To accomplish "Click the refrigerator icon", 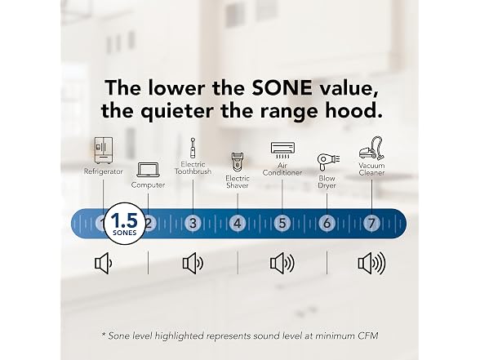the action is tap(103, 150).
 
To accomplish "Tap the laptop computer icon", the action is tap(149, 170).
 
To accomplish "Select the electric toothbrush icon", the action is tap(193, 149).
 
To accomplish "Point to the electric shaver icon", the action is tap(238, 162).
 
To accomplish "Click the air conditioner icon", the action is tap(282, 150).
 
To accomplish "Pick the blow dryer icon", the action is tap(328, 162).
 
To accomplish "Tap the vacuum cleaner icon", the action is tap(371, 149).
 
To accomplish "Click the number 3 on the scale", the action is tap(193, 223).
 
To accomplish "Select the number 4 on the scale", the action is tap(238, 223).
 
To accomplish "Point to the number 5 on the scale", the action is tap(282, 223).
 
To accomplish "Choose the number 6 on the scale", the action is tap(327, 223).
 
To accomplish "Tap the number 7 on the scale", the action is tap(371, 223).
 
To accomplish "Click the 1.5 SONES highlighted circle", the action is tap(125, 224).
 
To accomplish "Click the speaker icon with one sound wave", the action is tap(104, 263).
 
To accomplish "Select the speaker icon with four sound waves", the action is tap(371, 263).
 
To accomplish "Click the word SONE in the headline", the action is tap(282, 88).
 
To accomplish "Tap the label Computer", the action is tap(149, 184).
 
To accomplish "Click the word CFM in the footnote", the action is tap(367, 336).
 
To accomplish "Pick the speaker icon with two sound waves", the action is tap(193, 263).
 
